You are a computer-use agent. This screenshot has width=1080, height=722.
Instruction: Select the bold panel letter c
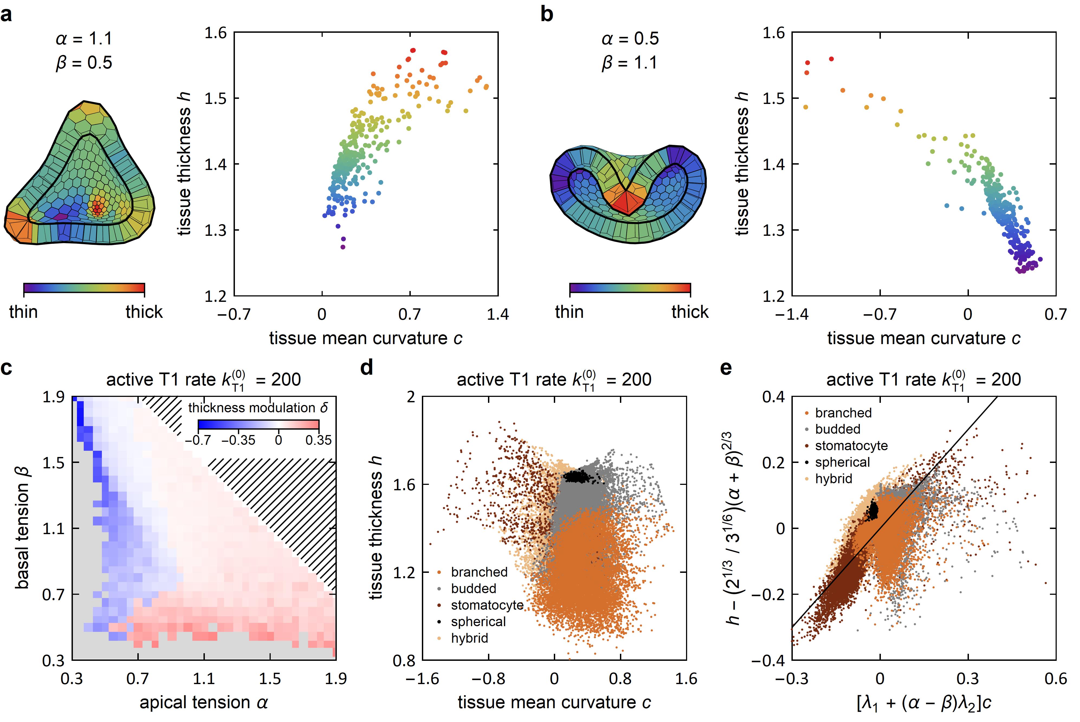pyautogui.click(x=7, y=369)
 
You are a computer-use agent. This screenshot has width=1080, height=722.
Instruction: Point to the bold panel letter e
pyautogui.click(x=726, y=369)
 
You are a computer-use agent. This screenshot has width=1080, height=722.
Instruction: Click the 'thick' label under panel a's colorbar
pyautogui.click(x=144, y=312)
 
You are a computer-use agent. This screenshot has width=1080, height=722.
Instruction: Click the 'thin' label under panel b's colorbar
pyautogui.click(x=569, y=312)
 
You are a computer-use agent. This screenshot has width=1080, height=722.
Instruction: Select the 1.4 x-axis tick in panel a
pyautogui.click(x=498, y=315)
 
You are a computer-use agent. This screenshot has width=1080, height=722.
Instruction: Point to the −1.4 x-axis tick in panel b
pyautogui.click(x=791, y=315)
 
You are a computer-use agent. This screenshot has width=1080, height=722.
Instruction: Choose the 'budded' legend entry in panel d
pyautogui.click(x=473, y=589)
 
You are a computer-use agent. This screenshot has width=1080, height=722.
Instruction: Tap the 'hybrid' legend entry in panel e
pyautogui.click(x=833, y=479)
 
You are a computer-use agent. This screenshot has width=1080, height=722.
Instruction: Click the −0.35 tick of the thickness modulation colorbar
pyautogui.click(x=238, y=440)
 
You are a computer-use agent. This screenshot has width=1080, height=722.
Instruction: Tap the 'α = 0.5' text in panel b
pyautogui.click(x=630, y=39)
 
